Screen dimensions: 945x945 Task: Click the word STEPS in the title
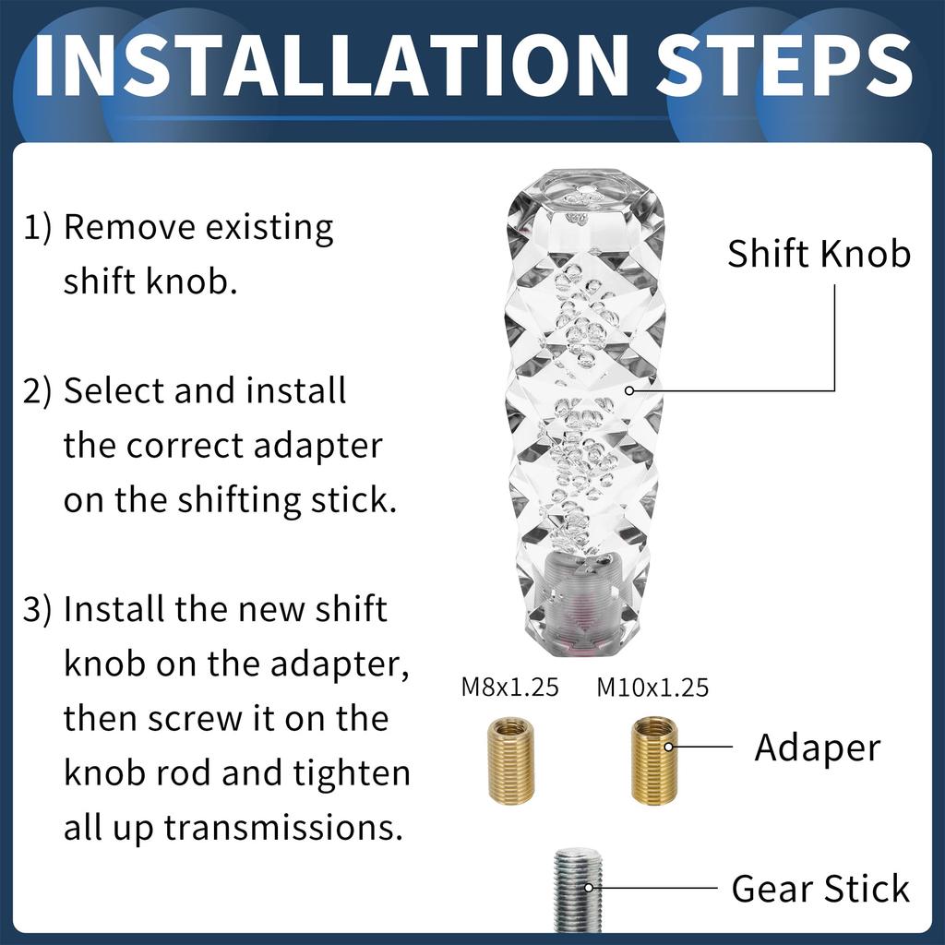[784, 66]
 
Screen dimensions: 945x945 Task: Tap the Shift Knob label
[819, 254]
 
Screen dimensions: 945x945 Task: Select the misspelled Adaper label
[818, 748]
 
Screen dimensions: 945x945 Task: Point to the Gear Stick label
[820, 889]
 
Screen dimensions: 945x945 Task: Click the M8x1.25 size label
[509, 688]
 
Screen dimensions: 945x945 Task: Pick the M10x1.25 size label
[652, 688]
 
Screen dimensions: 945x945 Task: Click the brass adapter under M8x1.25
[511, 760]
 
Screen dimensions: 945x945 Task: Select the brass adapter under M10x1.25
[654, 760]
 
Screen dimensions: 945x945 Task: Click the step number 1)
[37, 229]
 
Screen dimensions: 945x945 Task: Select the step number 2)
[37, 391]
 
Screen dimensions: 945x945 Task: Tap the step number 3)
[37, 610]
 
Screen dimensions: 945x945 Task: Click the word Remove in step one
[129, 228]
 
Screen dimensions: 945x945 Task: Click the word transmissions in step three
[283, 828]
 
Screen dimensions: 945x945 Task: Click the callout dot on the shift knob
[629, 390]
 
